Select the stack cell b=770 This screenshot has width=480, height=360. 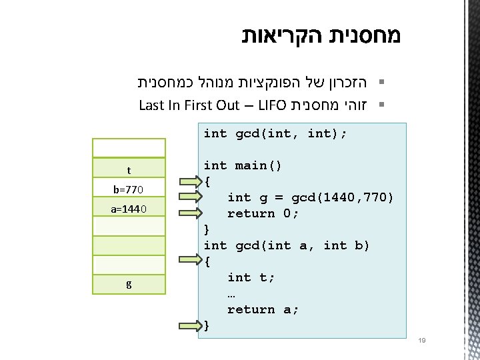[x=129, y=189]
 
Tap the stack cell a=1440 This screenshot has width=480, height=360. [x=129, y=210]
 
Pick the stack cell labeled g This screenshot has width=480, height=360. [x=129, y=284]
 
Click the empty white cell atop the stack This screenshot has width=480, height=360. [x=129, y=148]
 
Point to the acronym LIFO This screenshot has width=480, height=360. [x=271, y=105]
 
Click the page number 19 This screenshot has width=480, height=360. [x=421, y=341]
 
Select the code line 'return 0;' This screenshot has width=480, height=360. [x=263, y=213]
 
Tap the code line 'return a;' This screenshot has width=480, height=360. [x=263, y=309]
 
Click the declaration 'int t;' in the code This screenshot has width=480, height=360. [x=247, y=277]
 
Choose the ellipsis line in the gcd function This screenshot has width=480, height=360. [x=231, y=293]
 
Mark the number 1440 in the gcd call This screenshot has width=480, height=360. [x=323, y=197]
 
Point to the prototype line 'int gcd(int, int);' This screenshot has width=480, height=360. [x=275, y=133]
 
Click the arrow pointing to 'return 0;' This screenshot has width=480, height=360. [x=191, y=213]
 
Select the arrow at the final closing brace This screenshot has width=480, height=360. [x=191, y=326]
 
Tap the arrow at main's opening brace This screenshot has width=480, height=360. [x=191, y=181]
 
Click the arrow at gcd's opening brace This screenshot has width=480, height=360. [x=191, y=260]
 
